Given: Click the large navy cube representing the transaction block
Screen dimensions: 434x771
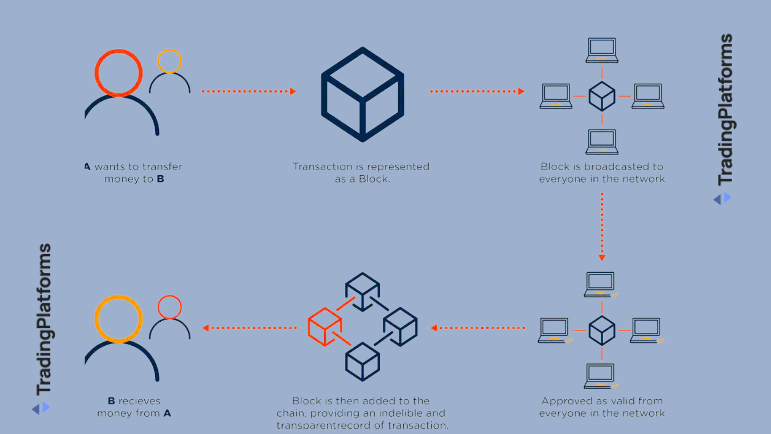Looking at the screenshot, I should [x=362, y=94].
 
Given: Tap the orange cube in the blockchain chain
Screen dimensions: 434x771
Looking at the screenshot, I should [x=324, y=326].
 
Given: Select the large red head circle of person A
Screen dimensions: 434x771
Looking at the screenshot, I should [x=118, y=73].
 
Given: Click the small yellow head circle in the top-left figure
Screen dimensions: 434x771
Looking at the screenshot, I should [x=170, y=61].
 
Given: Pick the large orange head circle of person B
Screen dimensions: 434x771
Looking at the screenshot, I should [x=118, y=319].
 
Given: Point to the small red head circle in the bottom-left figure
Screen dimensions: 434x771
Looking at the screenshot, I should [x=170, y=307].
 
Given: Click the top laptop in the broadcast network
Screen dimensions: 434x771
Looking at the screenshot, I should [x=602, y=50].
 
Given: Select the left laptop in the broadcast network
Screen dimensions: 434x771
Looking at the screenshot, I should [x=556, y=96].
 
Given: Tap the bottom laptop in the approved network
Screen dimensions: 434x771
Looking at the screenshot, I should [x=600, y=376].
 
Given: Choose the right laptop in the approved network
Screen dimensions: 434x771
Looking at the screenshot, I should [x=646, y=330].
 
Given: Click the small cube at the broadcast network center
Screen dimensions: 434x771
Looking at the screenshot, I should [x=602, y=96].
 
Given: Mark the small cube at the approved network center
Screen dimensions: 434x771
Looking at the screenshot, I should [x=602, y=330].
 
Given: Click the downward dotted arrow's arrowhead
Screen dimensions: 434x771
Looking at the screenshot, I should [x=602, y=257].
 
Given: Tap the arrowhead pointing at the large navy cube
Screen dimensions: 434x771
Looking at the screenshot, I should [x=293, y=91].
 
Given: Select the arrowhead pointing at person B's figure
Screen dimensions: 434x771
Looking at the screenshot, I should [x=205, y=328].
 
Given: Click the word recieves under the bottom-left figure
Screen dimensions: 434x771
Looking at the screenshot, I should [x=139, y=401].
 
